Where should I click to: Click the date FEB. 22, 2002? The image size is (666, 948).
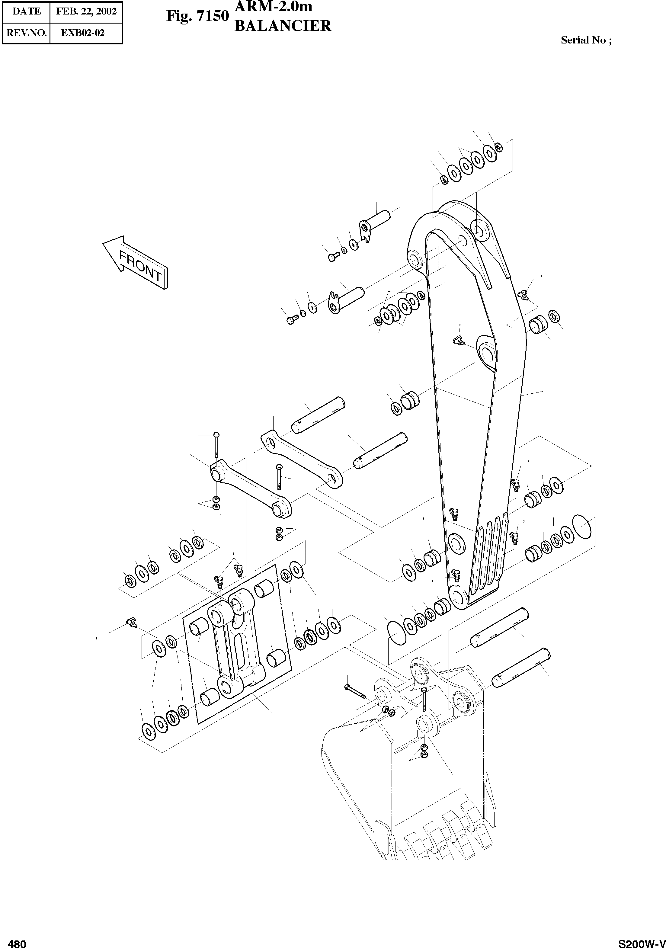coord(86,11)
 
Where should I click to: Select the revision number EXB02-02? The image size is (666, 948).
coord(83,33)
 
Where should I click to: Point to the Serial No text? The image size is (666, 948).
coord(585,40)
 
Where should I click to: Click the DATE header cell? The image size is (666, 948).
coord(27,11)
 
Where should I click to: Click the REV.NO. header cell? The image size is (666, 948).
coord(27,33)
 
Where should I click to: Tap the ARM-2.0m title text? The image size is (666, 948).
coord(273,7)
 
